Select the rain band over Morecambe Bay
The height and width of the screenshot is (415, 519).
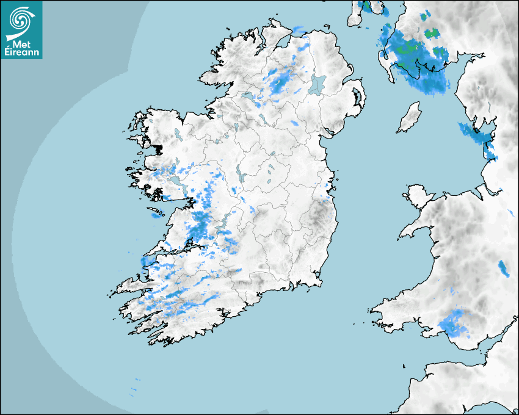pos(477,132)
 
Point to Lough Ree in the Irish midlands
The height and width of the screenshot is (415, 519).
pos(241,178)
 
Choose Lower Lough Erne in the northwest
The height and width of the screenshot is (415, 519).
pos(247,96)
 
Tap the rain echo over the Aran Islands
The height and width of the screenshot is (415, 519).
pos(156,214)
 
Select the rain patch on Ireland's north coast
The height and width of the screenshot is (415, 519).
pos(299,29)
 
